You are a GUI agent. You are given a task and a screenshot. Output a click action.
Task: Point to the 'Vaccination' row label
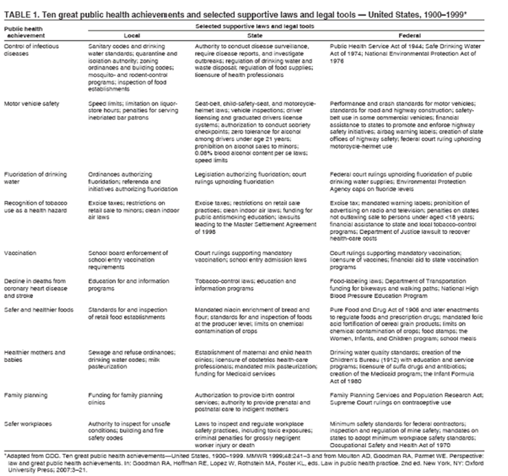coord(20,253)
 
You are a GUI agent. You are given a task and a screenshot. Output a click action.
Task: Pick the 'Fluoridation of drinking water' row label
coord(34,176)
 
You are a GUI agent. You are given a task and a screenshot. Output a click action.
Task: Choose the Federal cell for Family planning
coord(405,398)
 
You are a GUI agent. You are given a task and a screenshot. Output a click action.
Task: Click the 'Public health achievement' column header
coord(23,31)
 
